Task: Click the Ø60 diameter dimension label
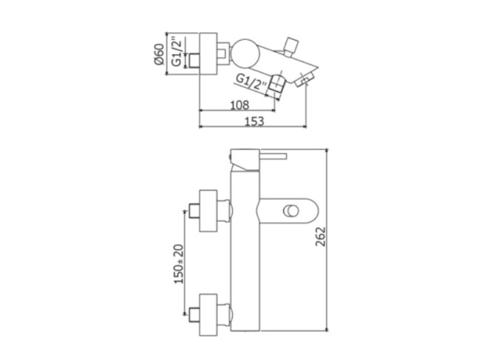(x=159, y=54)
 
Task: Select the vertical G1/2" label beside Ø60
(x=177, y=52)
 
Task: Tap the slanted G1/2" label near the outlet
(x=251, y=82)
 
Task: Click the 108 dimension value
(x=240, y=105)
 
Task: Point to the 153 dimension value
(x=254, y=121)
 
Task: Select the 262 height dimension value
(x=321, y=237)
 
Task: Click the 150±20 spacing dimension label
(x=180, y=264)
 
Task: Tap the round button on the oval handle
(x=291, y=211)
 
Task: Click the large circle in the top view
(x=246, y=53)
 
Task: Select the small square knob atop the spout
(x=291, y=47)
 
